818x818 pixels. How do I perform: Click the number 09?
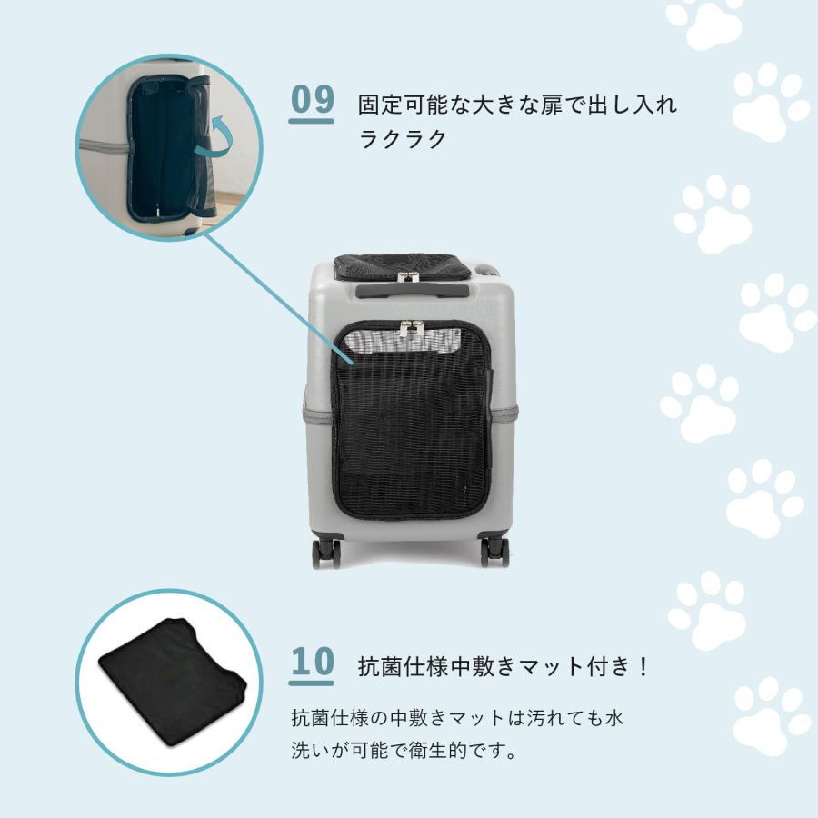point(312,100)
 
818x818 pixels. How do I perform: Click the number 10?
point(312,663)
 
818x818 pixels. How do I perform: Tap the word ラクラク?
point(403,139)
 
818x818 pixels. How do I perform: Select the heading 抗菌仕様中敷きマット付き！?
point(505,666)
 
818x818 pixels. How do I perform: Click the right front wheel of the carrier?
point(494,551)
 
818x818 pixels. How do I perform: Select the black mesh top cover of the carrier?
point(402,265)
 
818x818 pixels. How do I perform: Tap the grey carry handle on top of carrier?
point(413,290)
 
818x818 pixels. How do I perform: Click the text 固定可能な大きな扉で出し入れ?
point(516,105)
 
